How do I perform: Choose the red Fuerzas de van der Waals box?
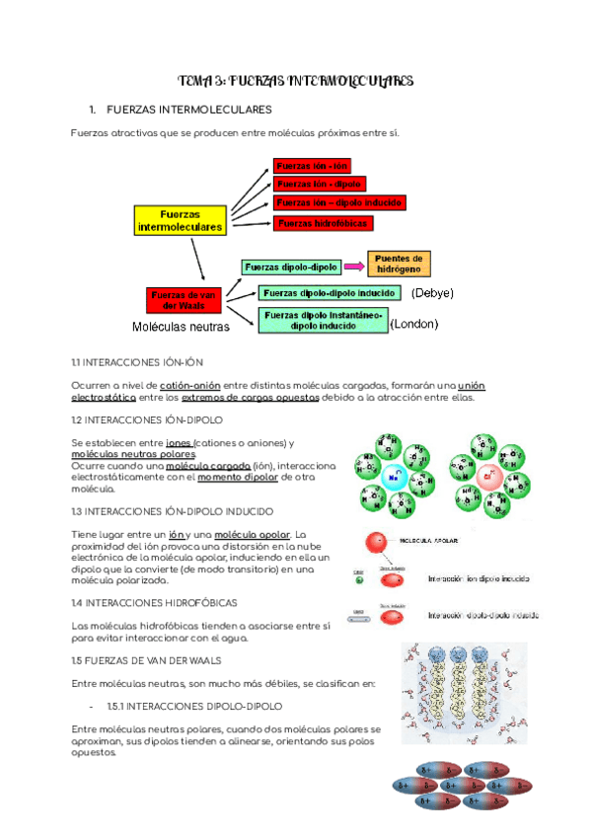[x=183, y=299]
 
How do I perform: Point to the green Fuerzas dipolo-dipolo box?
[x=291, y=266]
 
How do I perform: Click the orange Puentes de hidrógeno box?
[x=399, y=263]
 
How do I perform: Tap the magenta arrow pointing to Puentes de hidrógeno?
[x=354, y=266]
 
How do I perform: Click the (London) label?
[x=414, y=324]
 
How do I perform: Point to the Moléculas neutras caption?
[x=181, y=327]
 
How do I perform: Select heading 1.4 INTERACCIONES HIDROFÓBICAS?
[x=155, y=602]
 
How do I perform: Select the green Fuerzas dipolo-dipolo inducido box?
[x=329, y=293]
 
